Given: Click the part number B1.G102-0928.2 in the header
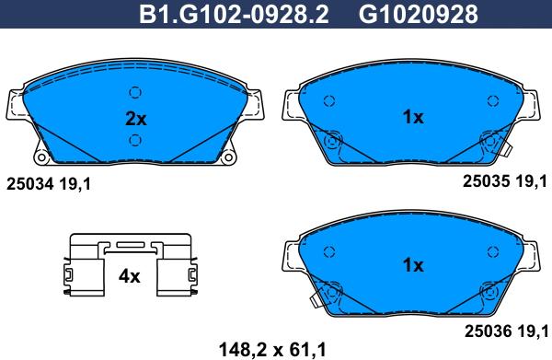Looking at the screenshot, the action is [x=234, y=14].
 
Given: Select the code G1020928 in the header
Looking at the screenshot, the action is [x=419, y=14].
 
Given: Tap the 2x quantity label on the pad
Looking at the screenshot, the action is [x=136, y=119].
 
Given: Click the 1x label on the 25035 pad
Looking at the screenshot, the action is [x=413, y=117].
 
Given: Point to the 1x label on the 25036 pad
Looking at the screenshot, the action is [x=413, y=265].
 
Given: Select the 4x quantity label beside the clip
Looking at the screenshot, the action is [x=130, y=276].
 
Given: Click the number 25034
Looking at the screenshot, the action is [x=30, y=184].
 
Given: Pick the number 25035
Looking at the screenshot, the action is [x=486, y=181].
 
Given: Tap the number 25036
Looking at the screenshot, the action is [x=488, y=331].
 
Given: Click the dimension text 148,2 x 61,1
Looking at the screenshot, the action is [x=272, y=350].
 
